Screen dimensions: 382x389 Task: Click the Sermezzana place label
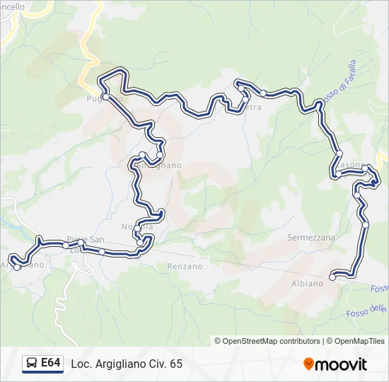point(311,238)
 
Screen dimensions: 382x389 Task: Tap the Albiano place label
point(307,283)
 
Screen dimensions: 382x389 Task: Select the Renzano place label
point(185,267)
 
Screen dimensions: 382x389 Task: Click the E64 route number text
point(50,363)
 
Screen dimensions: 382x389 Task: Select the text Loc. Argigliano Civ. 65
point(127,364)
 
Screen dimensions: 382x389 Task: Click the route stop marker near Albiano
point(332,277)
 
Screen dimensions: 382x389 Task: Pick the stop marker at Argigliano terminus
point(17,267)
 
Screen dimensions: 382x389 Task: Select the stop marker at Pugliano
point(105,95)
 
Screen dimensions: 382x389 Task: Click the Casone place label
point(352,165)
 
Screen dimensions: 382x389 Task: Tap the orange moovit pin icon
point(309,364)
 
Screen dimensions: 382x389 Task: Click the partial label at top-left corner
point(13,6)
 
